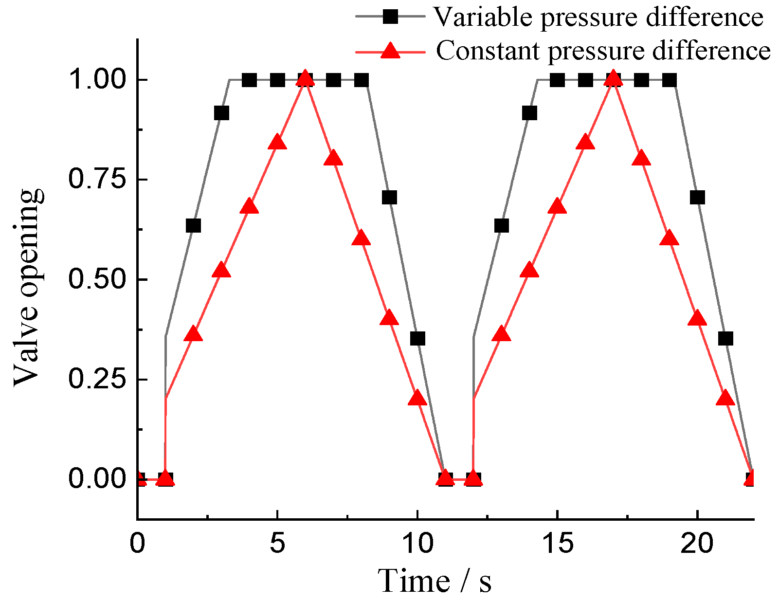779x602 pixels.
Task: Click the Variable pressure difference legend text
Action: (598, 18)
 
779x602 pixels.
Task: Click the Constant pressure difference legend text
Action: (603, 51)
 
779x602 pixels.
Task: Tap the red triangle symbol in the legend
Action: (390, 50)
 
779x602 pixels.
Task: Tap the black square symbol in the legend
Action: (390, 17)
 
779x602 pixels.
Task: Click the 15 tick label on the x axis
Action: (558, 544)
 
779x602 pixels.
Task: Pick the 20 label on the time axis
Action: (697, 544)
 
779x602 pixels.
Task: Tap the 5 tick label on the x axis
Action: (277, 544)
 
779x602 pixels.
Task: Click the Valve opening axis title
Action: (28, 287)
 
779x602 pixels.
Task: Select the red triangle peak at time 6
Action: (305, 78)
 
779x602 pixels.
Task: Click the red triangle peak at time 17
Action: (613, 78)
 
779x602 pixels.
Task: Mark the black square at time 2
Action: (193, 226)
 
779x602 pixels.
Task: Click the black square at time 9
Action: (389, 198)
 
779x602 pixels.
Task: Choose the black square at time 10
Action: (417, 338)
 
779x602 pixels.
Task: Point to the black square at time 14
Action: (529, 113)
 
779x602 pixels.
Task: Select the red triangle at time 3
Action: (221, 270)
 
